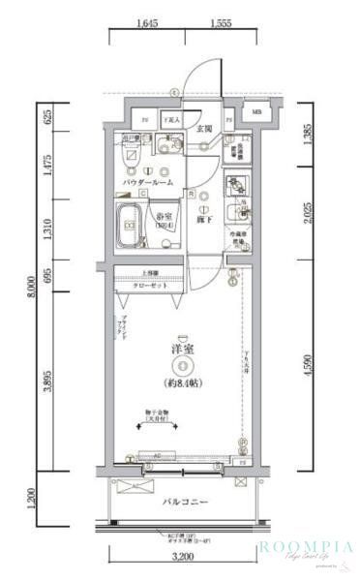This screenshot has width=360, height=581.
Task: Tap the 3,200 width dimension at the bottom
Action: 186,560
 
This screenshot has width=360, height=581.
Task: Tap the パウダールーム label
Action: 148,182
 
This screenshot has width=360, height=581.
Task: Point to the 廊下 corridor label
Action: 204,221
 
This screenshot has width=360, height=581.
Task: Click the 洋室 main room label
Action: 181,349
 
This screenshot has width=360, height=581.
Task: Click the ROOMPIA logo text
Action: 307,547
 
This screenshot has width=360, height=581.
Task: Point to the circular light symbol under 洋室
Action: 181,365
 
